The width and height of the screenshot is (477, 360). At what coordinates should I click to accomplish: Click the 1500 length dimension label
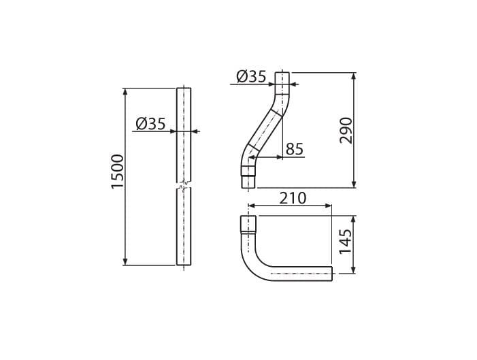[118, 172]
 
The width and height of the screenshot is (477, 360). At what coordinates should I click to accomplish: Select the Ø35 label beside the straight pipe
[151, 124]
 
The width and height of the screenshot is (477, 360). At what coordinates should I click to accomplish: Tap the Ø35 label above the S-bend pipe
[251, 76]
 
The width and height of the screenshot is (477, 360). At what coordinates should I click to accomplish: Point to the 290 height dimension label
[346, 130]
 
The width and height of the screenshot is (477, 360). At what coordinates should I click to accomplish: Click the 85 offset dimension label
[295, 149]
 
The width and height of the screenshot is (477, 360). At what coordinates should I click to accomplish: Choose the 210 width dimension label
[293, 199]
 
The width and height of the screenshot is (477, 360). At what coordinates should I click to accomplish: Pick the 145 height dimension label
[346, 242]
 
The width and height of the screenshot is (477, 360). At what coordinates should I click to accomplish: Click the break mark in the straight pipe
[184, 185]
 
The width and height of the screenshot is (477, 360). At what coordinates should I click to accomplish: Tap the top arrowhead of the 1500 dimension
[125, 92]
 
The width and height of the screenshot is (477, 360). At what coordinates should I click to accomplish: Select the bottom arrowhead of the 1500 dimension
[125, 261]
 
